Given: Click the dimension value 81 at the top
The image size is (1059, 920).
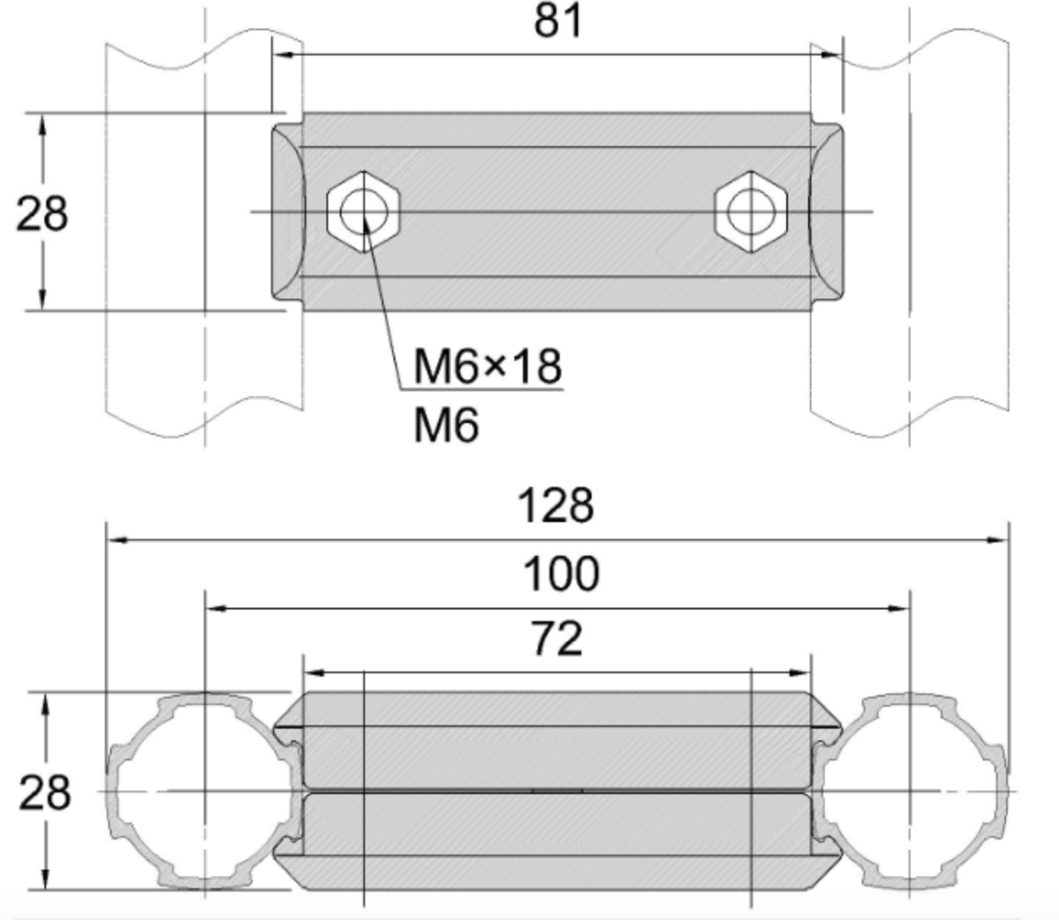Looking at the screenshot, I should click(x=558, y=20).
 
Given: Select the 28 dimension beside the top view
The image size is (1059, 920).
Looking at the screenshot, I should click(x=42, y=213).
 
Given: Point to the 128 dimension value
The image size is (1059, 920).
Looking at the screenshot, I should click(x=556, y=506).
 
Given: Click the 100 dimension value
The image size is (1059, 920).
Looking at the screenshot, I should click(x=561, y=574).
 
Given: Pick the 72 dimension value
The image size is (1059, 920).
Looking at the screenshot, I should click(x=556, y=640).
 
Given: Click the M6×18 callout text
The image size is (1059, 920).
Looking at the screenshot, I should click(x=488, y=367).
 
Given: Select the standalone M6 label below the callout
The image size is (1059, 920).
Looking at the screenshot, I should click(x=446, y=426).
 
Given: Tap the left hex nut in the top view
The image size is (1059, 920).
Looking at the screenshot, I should click(x=363, y=211).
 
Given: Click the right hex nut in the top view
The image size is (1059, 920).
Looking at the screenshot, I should click(x=750, y=211).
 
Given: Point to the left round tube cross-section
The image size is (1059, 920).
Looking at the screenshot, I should click(x=204, y=791).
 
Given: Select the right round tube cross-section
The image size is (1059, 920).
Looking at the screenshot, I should click(x=910, y=791).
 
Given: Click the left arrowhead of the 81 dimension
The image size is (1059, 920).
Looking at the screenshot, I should click(x=283, y=55).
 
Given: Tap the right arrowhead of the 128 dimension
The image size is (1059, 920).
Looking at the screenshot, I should click(x=999, y=541).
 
